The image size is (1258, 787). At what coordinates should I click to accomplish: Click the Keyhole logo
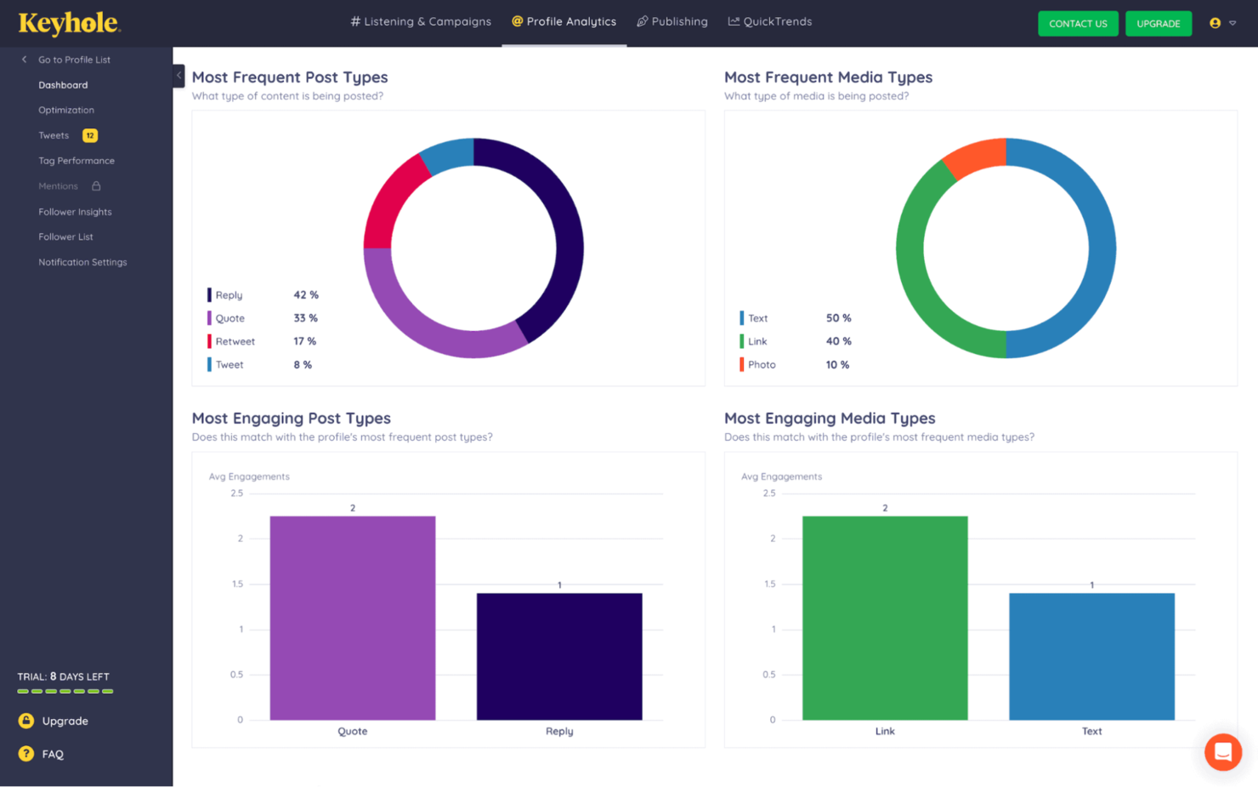click(70, 24)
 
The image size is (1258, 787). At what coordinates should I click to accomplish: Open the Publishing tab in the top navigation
click(672, 21)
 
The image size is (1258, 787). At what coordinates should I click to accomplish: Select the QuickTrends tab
click(770, 21)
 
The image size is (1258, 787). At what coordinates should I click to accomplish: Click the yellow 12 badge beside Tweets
click(90, 135)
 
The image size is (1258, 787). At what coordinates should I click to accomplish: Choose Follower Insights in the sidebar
click(76, 212)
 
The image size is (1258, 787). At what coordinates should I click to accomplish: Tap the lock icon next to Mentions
click(96, 186)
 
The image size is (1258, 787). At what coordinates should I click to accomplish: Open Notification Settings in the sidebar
click(82, 262)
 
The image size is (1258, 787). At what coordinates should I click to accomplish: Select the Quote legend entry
click(230, 318)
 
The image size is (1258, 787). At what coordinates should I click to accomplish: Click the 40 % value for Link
click(838, 341)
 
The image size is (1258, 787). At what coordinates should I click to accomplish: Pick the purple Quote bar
click(353, 618)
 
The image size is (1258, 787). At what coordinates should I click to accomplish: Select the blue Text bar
click(1091, 657)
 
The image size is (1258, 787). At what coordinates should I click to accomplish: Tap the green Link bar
click(885, 618)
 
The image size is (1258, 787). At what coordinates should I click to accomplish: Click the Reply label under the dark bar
click(559, 732)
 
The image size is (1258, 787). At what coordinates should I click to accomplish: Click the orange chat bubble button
click(1223, 752)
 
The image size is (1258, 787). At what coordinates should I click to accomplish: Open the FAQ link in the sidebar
click(53, 755)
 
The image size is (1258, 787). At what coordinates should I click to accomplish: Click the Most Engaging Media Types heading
click(830, 419)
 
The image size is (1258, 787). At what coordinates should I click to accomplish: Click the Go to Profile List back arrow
click(24, 60)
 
